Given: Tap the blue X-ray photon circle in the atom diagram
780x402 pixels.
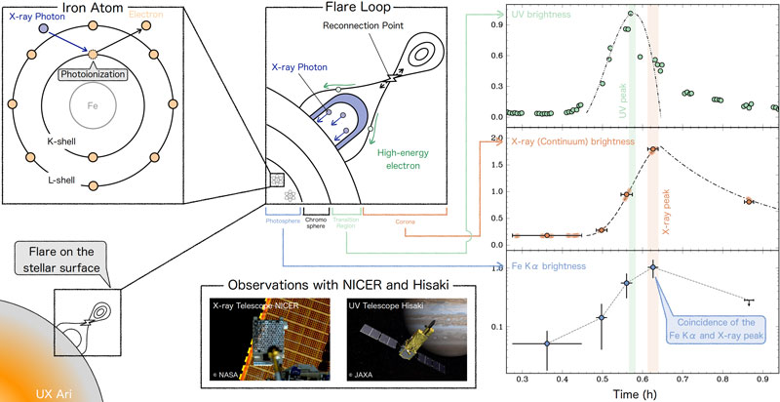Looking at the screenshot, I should [44, 30].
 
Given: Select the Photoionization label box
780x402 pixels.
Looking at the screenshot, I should [94, 73].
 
